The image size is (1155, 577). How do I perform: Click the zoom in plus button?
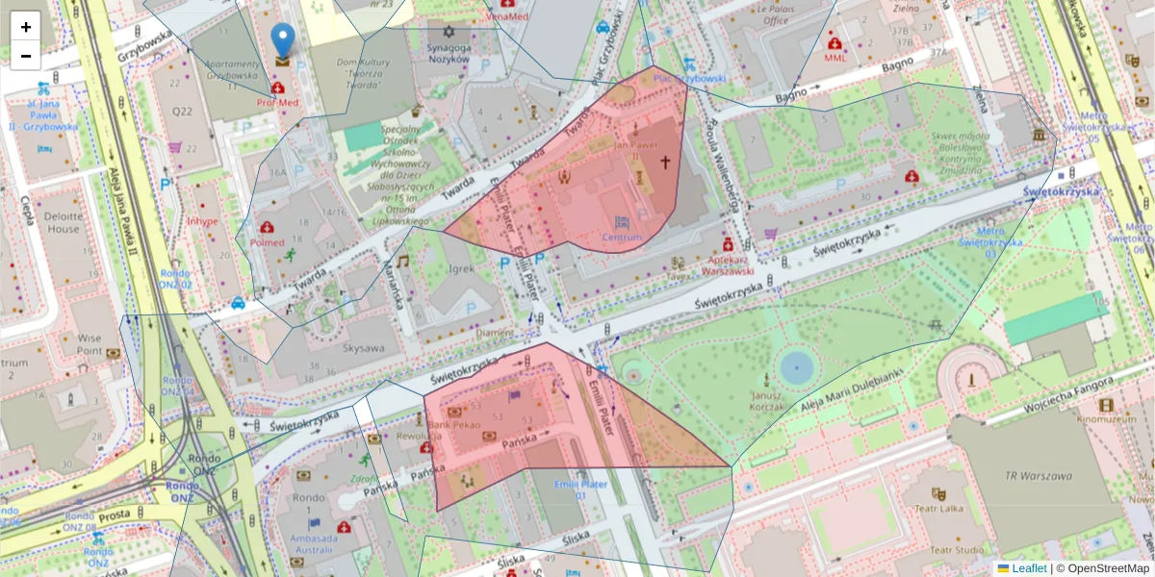pos(26,27)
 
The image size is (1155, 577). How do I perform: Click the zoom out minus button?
pos(26,56)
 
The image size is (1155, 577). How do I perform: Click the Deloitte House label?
pos(63,223)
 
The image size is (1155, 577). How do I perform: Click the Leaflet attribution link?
pos(1028,568)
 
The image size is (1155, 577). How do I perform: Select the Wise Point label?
pos(90,344)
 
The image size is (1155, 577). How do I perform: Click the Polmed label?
pos(268,242)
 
